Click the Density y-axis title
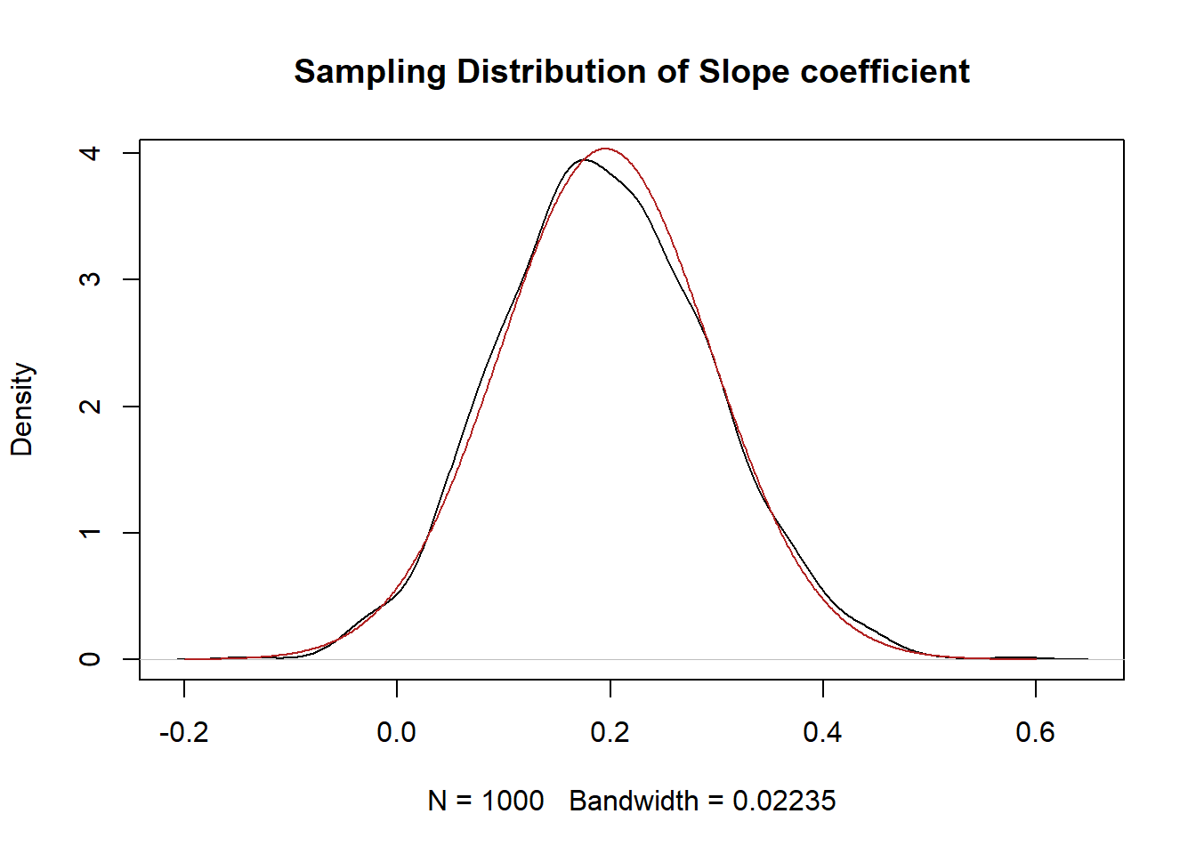pyautogui.click(x=21, y=409)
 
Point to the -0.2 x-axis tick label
pyautogui.click(x=183, y=732)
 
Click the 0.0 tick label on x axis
pyautogui.click(x=396, y=732)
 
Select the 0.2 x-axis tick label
pyautogui.click(x=610, y=732)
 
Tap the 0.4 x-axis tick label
pyautogui.click(x=822, y=732)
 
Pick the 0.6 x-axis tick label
pyautogui.click(x=1035, y=732)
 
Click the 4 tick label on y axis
pyautogui.click(x=90, y=153)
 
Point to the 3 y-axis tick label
pyautogui.click(x=90, y=279)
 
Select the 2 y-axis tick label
pyautogui.click(x=90, y=407)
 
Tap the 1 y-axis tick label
pyautogui.click(x=90, y=533)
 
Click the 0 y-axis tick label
pyautogui.click(x=90, y=659)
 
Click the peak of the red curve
pyautogui.click(x=606, y=149)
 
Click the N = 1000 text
pyautogui.click(x=485, y=801)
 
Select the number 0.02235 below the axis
pyautogui.click(x=784, y=801)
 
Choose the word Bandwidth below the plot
pyautogui.click(x=633, y=801)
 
